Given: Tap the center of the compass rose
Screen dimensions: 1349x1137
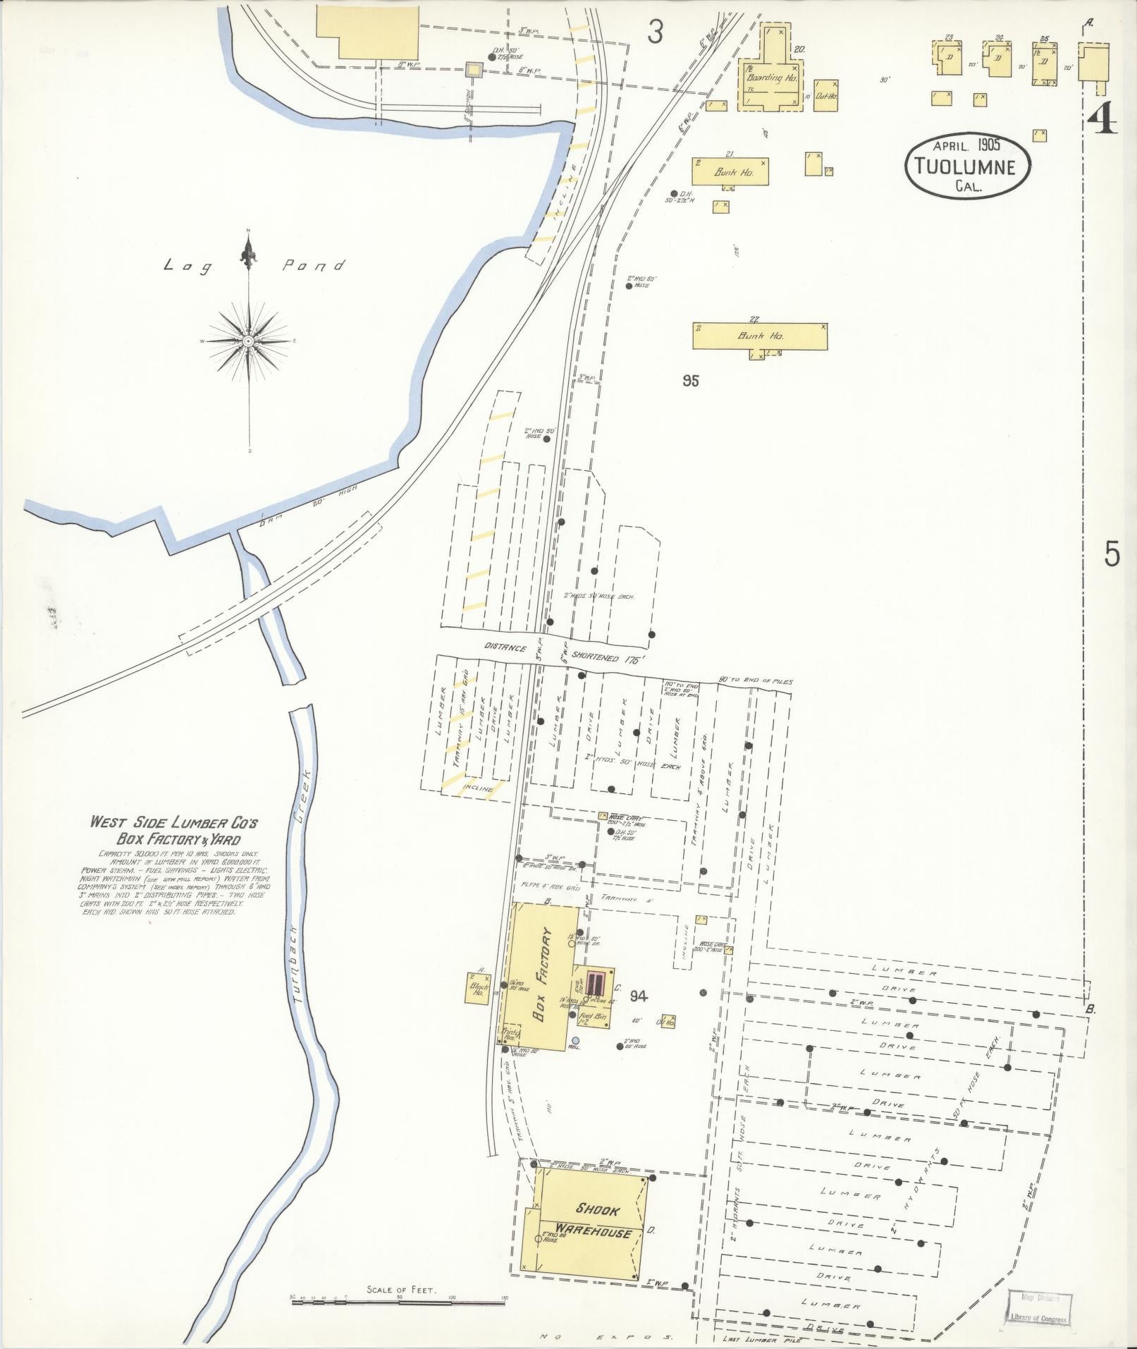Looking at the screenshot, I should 248,341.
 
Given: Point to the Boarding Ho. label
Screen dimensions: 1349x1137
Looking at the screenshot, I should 773,78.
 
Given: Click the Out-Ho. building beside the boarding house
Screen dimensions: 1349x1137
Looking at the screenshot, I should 825,95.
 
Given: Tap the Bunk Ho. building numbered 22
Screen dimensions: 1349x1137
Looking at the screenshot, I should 760,336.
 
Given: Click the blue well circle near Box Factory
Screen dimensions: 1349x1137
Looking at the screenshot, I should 576,1040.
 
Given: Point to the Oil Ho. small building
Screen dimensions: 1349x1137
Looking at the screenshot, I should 667,1021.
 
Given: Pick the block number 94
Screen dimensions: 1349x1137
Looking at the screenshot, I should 639,996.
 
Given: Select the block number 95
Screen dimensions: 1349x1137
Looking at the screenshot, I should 691,381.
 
